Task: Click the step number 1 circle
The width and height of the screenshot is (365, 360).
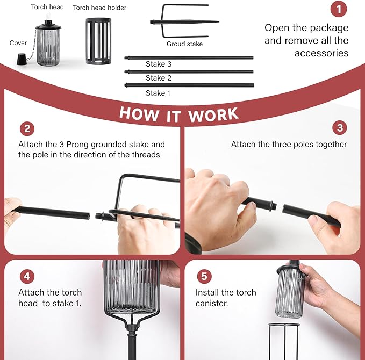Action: (339, 9)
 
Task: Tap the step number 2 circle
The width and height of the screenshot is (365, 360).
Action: (27, 129)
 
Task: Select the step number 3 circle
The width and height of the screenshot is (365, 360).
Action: (340, 127)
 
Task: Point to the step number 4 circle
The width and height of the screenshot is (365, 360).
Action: (27, 276)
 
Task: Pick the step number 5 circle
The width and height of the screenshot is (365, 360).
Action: (204, 276)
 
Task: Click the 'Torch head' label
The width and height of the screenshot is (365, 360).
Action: (47, 7)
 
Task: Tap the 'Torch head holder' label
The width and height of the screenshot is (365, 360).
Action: (99, 8)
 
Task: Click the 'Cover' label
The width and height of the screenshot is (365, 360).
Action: (18, 43)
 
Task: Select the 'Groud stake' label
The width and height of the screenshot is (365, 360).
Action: (184, 44)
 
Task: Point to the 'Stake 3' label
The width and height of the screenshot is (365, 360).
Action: (159, 64)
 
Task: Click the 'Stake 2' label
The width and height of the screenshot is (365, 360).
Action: (159, 78)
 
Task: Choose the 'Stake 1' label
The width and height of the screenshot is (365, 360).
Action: (158, 93)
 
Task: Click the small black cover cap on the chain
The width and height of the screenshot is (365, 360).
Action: (23, 59)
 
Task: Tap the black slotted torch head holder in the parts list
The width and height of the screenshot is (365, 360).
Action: (98, 41)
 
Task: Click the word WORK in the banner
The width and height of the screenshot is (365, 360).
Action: (213, 115)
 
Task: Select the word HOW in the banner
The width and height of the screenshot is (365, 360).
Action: (139, 114)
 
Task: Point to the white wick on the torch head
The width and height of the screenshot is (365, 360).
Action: (49, 17)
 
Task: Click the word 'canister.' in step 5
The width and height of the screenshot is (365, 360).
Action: (212, 304)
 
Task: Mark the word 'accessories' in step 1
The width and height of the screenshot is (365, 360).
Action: (321, 53)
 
